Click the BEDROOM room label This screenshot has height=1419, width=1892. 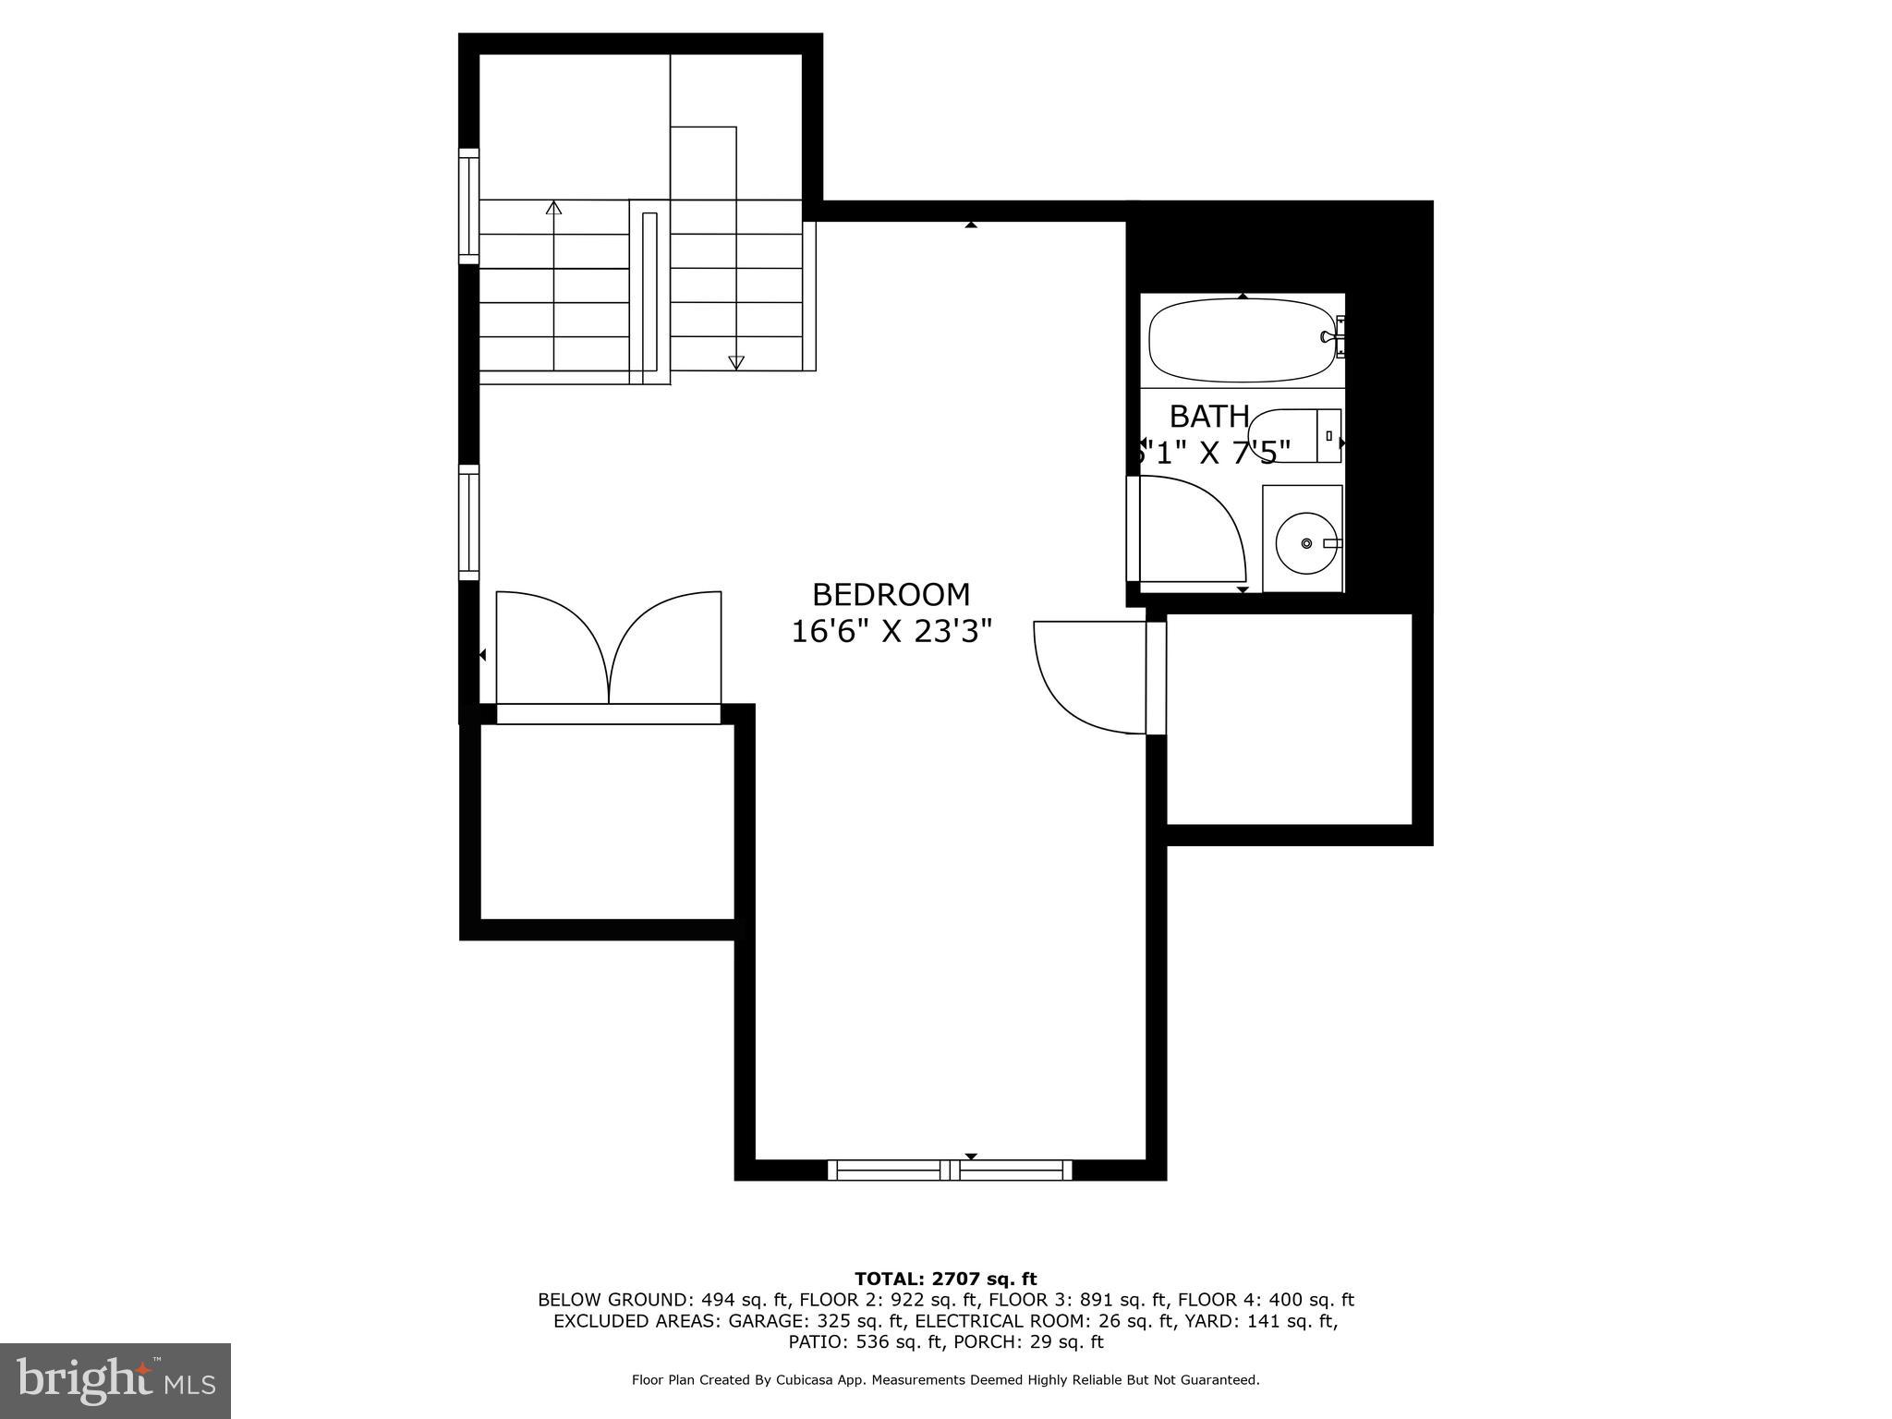point(891,594)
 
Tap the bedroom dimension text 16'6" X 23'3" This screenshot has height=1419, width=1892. point(891,632)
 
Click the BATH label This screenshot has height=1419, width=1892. point(1209,417)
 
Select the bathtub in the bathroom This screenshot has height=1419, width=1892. point(1241,340)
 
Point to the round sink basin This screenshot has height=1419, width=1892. point(1305,543)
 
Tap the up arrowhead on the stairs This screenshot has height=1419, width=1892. point(553,208)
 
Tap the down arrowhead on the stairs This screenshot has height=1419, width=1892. point(735,362)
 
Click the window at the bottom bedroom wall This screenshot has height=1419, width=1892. point(950,1170)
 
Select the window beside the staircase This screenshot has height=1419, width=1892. point(469,205)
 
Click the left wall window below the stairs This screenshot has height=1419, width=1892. point(469,522)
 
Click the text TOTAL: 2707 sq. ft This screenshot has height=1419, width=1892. point(945,1279)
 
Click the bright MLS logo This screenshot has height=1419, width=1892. point(115,1380)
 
